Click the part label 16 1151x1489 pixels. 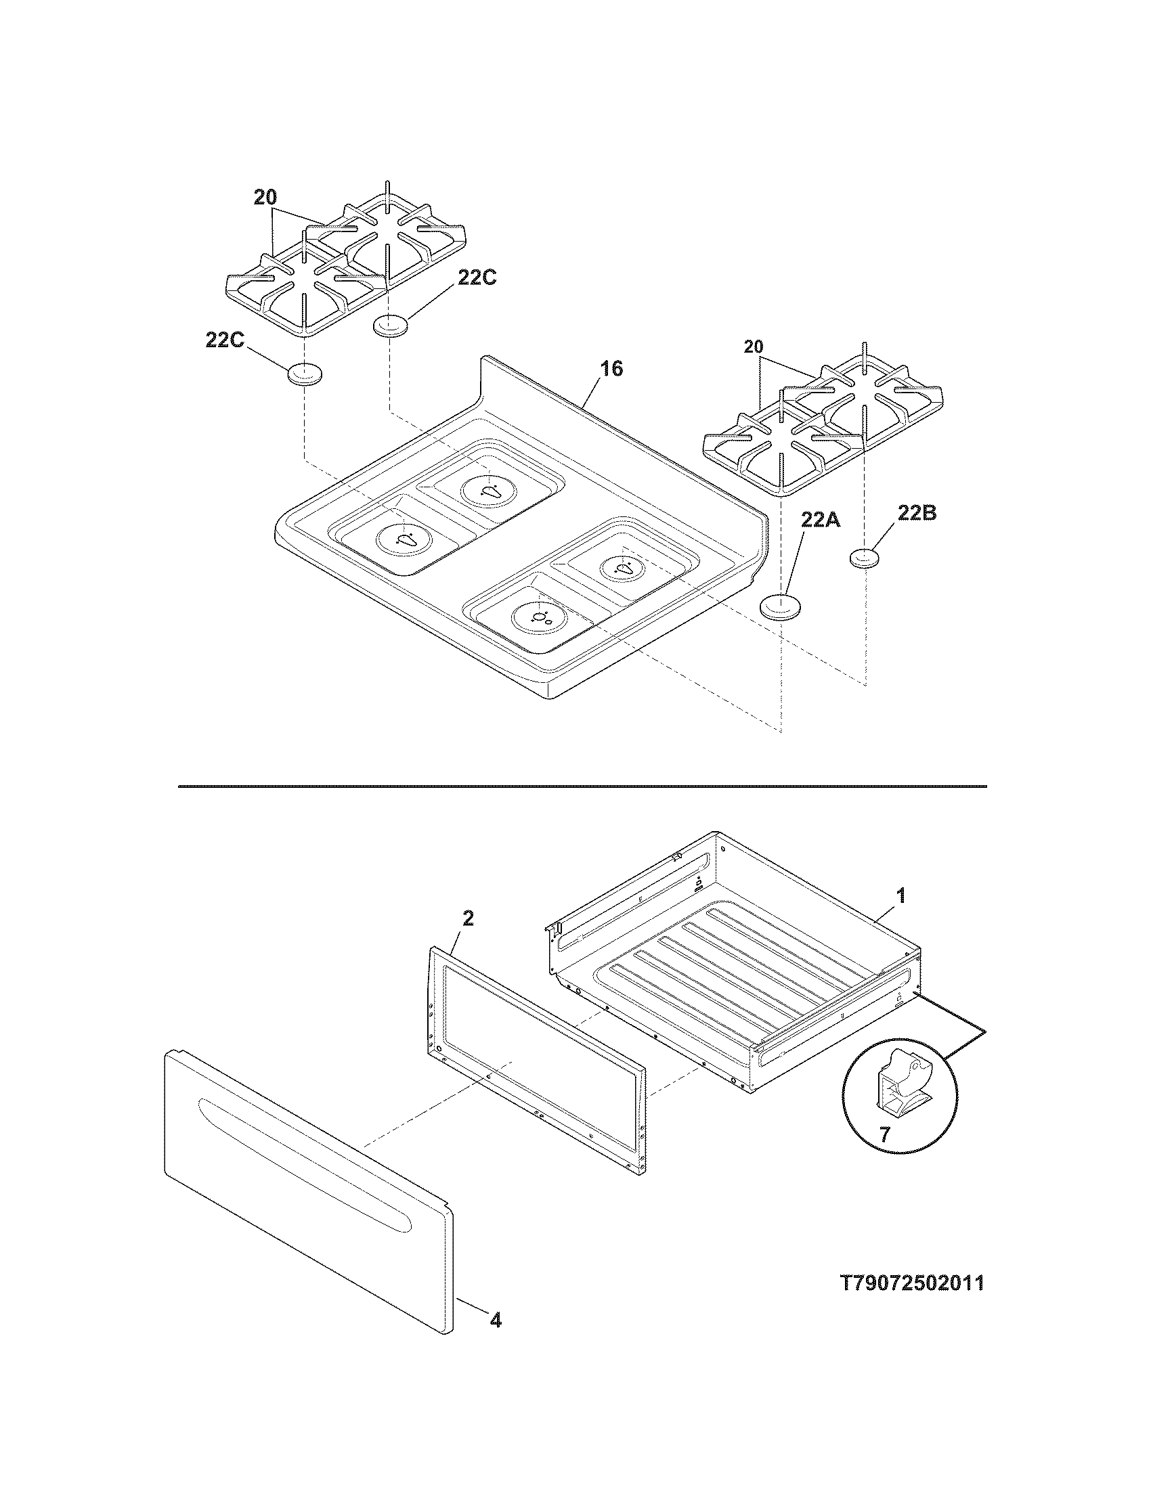(611, 369)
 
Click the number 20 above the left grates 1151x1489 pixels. (265, 198)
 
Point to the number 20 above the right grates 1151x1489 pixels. (754, 347)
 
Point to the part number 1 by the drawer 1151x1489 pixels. (900, 896)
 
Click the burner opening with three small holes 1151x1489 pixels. (540, 617)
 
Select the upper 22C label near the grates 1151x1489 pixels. (477, 277)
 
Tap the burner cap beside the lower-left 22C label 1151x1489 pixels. (305, 374)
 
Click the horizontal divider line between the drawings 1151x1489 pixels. (582, 786)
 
